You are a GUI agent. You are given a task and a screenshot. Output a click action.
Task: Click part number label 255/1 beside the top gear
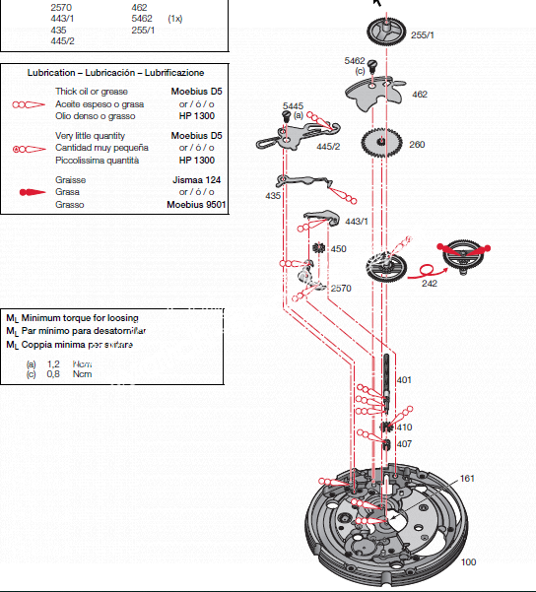coord(422,34)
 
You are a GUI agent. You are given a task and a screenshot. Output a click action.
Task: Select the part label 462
coord(420,95)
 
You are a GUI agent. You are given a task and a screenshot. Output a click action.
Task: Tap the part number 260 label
coord(417,145)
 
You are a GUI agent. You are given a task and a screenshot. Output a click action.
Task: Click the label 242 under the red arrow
coord(430,283)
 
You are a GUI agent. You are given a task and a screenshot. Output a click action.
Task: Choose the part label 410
coord(404,428)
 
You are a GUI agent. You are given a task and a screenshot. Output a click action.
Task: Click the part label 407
coord(404,444)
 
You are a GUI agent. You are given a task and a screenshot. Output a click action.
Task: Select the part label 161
coord(467,479)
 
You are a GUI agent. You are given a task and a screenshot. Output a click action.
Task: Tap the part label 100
coord(467,562)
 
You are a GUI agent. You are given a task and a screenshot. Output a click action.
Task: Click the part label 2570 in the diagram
coord(341,289)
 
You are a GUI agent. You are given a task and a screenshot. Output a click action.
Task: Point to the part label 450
coord(338,249)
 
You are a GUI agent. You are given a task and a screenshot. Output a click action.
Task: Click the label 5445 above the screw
coord(293,104)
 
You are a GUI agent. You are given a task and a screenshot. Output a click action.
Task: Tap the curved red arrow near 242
coord(423,268)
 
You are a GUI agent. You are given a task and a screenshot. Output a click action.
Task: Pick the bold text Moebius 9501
coord(197,205)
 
